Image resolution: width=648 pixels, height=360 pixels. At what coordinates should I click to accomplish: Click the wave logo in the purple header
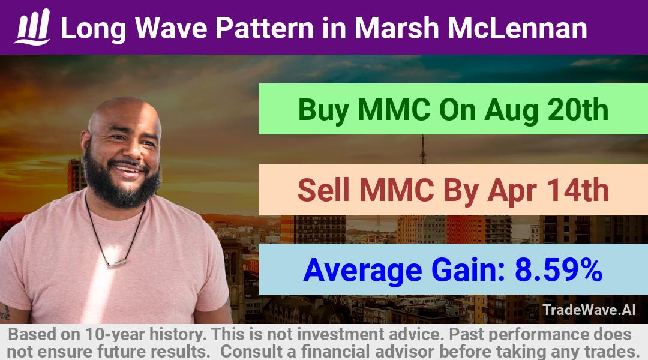pos(32,27)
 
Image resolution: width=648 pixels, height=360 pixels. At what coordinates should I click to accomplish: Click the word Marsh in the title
pos(397,28)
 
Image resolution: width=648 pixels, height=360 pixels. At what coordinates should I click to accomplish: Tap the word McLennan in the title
pos(517,28)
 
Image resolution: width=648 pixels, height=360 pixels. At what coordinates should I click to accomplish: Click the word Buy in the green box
pos(323,110)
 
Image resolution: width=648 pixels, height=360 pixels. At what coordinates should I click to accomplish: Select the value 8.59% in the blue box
pos(559,269)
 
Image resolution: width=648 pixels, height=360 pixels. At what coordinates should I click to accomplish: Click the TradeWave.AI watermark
pos(589,310)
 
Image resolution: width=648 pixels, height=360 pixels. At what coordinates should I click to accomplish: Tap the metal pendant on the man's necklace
pos(116,263)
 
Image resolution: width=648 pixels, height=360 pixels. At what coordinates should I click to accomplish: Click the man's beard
pos(120,182)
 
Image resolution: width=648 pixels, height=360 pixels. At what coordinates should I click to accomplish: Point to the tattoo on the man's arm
pos(5,312)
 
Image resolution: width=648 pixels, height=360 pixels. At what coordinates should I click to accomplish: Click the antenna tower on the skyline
pos(422,149)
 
